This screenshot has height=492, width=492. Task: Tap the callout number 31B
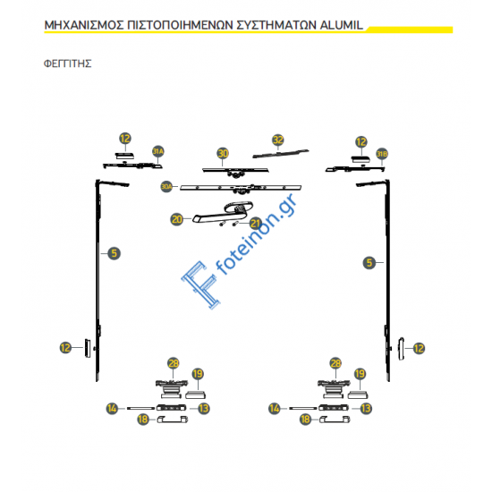click(x=382, y=153)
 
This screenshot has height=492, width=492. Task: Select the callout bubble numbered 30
click(x=223, y=154)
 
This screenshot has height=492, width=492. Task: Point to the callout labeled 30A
click(x=165, y=186)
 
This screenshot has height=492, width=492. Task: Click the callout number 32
click(x=278, y=140)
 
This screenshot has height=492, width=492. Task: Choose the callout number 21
click(x=255, y=224)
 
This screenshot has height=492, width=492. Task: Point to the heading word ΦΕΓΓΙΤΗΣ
click(x=68, y=65)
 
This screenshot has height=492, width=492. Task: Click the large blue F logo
click(x=201, y=282)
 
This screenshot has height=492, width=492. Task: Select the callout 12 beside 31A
click(x=125, y=139)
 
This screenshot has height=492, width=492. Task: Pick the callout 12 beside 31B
click(x=361, y=141)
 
